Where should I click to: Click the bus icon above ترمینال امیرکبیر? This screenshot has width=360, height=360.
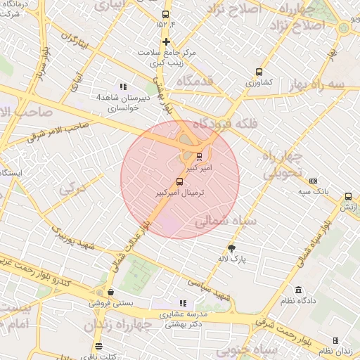[179, 182]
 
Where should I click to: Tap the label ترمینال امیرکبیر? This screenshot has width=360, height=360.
[179, 192]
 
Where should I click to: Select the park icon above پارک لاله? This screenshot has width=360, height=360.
[231, 248]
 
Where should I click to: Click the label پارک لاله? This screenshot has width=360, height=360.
[233, 259]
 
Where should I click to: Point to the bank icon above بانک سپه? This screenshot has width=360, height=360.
[313, 181]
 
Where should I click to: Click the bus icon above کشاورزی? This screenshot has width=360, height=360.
[259, 72]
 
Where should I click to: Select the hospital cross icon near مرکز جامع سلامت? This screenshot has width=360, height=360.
[166, 41]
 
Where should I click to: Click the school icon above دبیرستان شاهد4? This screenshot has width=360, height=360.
[123, 87]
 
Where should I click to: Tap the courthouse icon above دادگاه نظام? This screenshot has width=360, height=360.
[299, 290]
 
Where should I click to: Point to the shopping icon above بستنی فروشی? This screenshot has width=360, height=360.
[110, 292]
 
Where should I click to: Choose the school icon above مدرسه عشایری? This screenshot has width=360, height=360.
[183, 303]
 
